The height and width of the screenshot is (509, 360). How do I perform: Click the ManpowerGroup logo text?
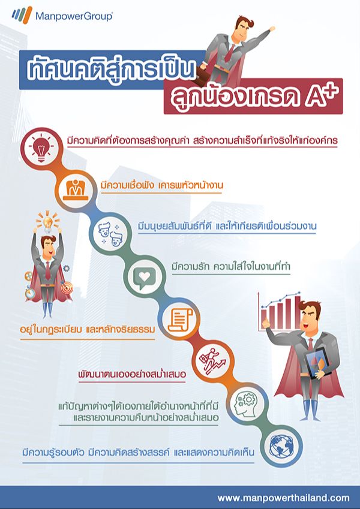point(74,16)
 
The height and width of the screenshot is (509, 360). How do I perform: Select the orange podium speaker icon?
point(76,189)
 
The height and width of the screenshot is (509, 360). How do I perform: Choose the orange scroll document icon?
point(179,320)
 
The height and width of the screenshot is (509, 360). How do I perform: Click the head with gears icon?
point(247,404)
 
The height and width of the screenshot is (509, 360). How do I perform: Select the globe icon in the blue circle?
point(281,447)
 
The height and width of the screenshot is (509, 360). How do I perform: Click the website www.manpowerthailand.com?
point(283,498)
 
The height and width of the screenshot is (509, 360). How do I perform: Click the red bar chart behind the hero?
point(280,311)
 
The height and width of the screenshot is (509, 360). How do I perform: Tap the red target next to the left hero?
point(67,288)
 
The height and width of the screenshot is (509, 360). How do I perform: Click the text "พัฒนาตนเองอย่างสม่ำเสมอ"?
point(132,374)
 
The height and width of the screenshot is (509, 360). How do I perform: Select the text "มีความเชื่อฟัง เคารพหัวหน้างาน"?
point(162,185)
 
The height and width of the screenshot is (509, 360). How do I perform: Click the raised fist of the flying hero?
point(272,29)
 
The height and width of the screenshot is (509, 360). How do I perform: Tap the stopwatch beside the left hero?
point(30,293)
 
